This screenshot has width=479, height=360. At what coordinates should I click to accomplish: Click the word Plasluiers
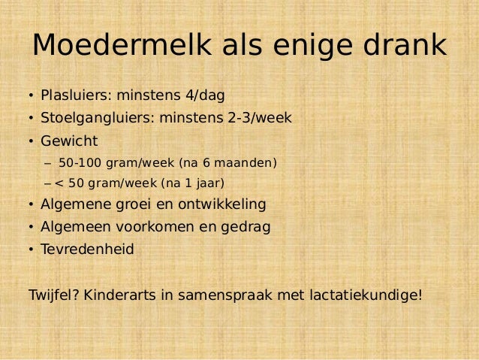[74, 95]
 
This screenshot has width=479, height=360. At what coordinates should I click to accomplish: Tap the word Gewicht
[70, 141]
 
